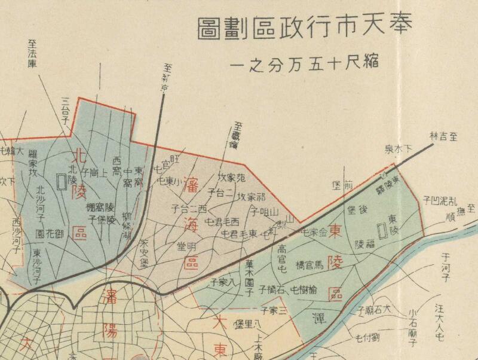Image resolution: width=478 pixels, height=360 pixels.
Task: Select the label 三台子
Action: (x=65, y=108)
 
